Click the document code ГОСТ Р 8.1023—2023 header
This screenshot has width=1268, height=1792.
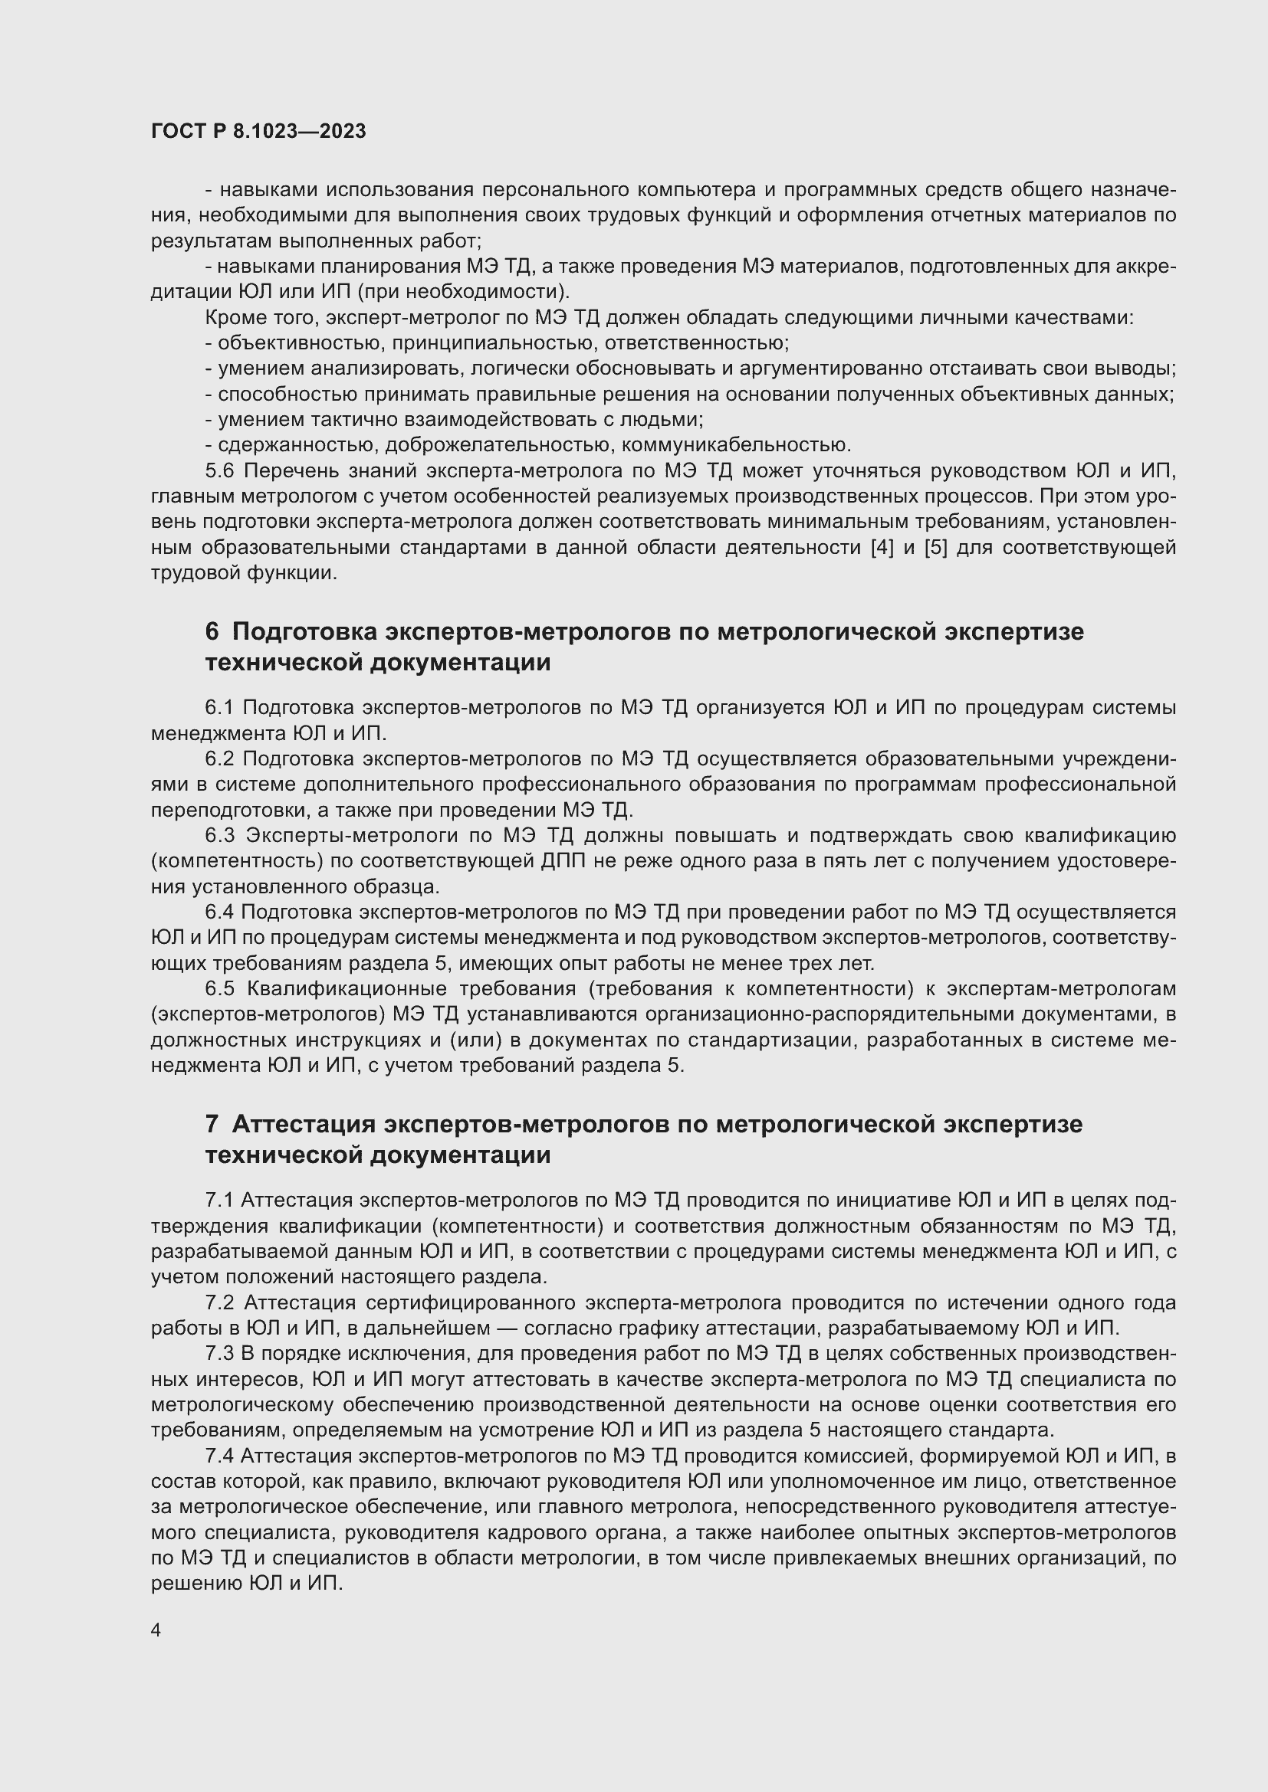[258, 131]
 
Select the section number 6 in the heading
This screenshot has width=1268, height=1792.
[212, 631]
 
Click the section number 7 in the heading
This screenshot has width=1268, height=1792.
[212, 1124]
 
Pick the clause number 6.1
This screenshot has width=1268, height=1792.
[219, 707]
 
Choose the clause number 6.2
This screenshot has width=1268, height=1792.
[219, 758]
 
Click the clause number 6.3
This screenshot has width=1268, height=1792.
[219, 835]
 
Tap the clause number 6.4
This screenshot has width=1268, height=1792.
[219, 912]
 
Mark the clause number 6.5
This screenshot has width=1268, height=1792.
[219, 988]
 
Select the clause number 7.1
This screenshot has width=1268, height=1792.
[219, 1200]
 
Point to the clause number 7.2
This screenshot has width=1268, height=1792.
[219, 1302]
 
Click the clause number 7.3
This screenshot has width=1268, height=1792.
[219, 1353]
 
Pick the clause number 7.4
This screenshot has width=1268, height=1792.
[219, 1456]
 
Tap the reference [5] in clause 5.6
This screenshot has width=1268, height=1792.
[935, 547]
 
